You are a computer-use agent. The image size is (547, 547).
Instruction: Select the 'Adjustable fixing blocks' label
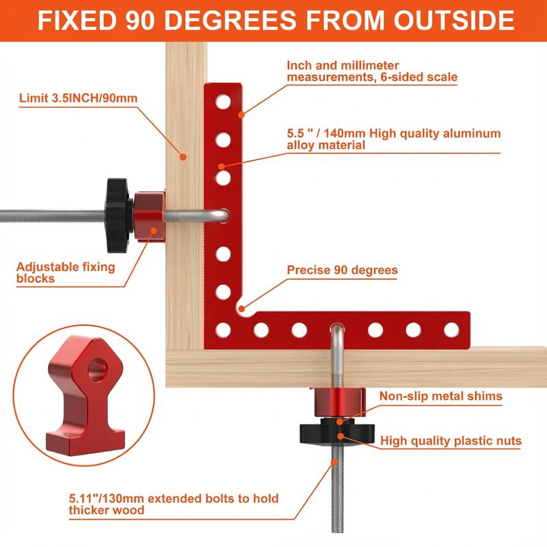pos(66,273)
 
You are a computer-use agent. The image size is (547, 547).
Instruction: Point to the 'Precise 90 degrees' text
pos(342,270)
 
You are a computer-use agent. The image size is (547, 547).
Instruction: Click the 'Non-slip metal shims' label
pos(441,396)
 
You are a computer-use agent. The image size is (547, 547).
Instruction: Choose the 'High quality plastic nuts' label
pos(451,441)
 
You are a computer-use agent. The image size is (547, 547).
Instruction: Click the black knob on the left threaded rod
pos(117,213)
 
